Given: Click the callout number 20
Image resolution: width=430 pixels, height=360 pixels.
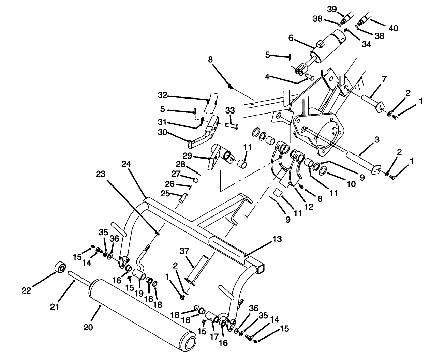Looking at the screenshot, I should (x=88, y=327).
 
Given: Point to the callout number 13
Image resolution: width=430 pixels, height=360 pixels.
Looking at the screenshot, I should (x=277, y=239).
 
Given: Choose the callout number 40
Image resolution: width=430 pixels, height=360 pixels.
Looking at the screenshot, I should (x=393, y=28).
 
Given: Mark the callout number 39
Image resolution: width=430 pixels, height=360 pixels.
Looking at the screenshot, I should (x=332, y=9).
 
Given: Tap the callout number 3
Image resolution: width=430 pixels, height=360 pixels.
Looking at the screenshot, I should (x=376, y=140).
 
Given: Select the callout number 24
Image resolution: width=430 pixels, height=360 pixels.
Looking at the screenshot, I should (x=126, y=164).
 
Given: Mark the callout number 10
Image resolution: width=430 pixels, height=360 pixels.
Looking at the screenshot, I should (x=351, y=184).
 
